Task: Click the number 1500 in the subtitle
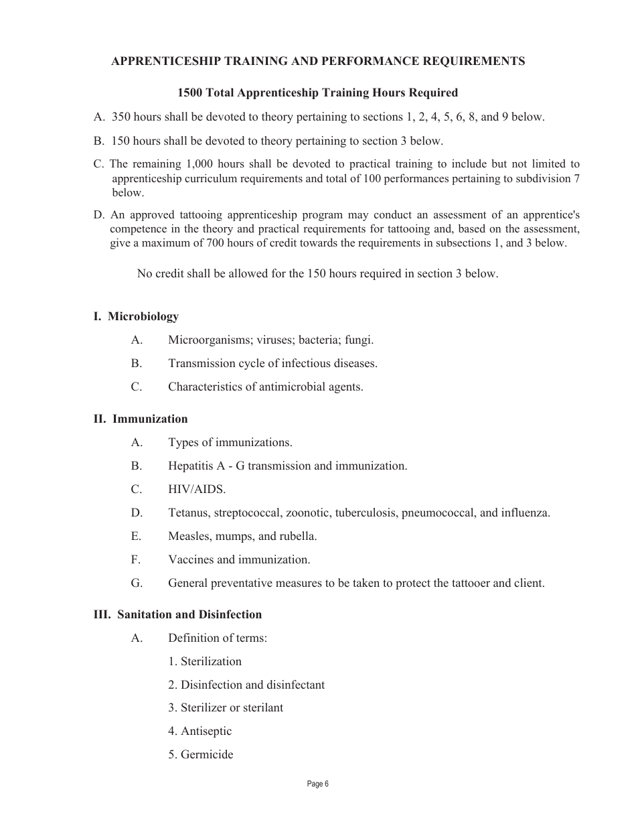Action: (x=190, y=92)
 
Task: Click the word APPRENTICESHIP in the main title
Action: (x=159, y=61)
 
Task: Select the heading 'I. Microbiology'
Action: (x=136, y=316)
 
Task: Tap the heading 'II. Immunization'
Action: (x=141, y=419)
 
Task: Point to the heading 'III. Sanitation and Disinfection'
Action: (x=177, y=614)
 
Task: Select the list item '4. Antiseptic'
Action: (x=200, y=731)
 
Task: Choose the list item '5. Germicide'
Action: (x=201, y=754)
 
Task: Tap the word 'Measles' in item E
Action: (x=187, y=536)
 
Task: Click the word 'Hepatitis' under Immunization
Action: (x=191, y=466)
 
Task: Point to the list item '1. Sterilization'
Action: (x=205, y=661)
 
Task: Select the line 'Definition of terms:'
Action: (x=218, y=638)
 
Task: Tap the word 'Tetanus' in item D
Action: (x=187, y=512)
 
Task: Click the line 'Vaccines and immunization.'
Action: (x=239, y=559)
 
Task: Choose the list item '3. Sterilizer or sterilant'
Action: (x=226, y=707)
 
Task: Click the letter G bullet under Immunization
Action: (x=137, y=583)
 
